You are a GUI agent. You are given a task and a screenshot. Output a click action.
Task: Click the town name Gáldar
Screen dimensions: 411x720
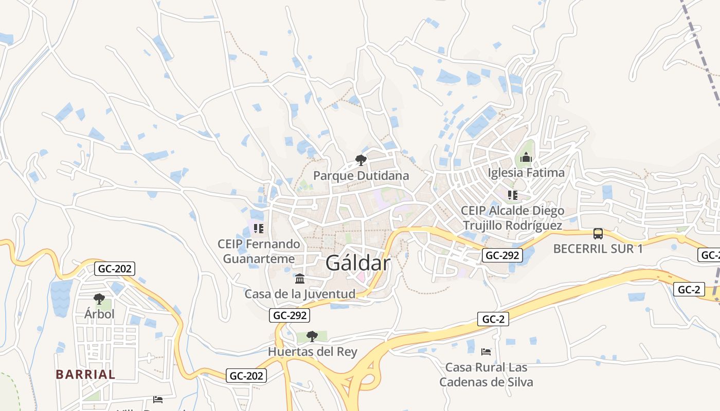(x=358, y=263)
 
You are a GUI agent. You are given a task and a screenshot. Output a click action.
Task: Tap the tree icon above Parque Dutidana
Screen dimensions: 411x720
(x=361, y=160)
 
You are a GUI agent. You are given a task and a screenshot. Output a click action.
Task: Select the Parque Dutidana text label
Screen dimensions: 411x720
(x=361, y=176)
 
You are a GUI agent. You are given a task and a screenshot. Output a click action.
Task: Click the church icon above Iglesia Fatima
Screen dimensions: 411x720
(x=526, y=158)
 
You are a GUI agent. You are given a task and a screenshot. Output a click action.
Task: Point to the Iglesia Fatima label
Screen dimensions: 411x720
(x=526, y=173)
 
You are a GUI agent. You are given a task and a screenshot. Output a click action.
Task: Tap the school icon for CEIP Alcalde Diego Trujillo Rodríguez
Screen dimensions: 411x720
(x=512, y=195)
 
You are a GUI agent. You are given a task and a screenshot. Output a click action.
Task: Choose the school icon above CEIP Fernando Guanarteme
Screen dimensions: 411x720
(x=259, y=228)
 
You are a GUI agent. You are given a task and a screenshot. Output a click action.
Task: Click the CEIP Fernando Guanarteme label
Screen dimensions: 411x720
(x=259, y=251)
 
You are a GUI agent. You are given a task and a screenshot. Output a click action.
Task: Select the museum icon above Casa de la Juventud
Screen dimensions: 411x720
(x=300, y=279)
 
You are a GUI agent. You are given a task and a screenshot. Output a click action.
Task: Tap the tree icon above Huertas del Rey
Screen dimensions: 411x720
(x=312, y=337)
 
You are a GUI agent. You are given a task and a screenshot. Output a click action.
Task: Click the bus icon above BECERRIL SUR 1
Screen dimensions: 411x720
(x=598, y=234)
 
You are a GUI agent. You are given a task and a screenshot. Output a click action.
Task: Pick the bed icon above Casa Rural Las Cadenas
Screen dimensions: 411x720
(x=486, y=352)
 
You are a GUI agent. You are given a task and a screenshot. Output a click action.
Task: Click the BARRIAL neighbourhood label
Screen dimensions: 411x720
(x=85, y=375)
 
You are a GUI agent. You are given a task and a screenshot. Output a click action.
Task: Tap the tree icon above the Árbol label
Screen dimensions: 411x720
(x=99, y=299)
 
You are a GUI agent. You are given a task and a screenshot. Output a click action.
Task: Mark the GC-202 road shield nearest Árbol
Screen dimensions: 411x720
(x=115, y=268)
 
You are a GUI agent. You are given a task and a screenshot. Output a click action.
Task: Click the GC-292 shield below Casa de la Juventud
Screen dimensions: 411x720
(x=290, y=315)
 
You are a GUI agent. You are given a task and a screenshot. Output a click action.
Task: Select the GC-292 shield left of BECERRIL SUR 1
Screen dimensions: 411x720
(x=502, y=255)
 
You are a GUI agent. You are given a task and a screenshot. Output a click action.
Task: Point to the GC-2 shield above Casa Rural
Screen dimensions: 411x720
(x=493, y=319)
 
